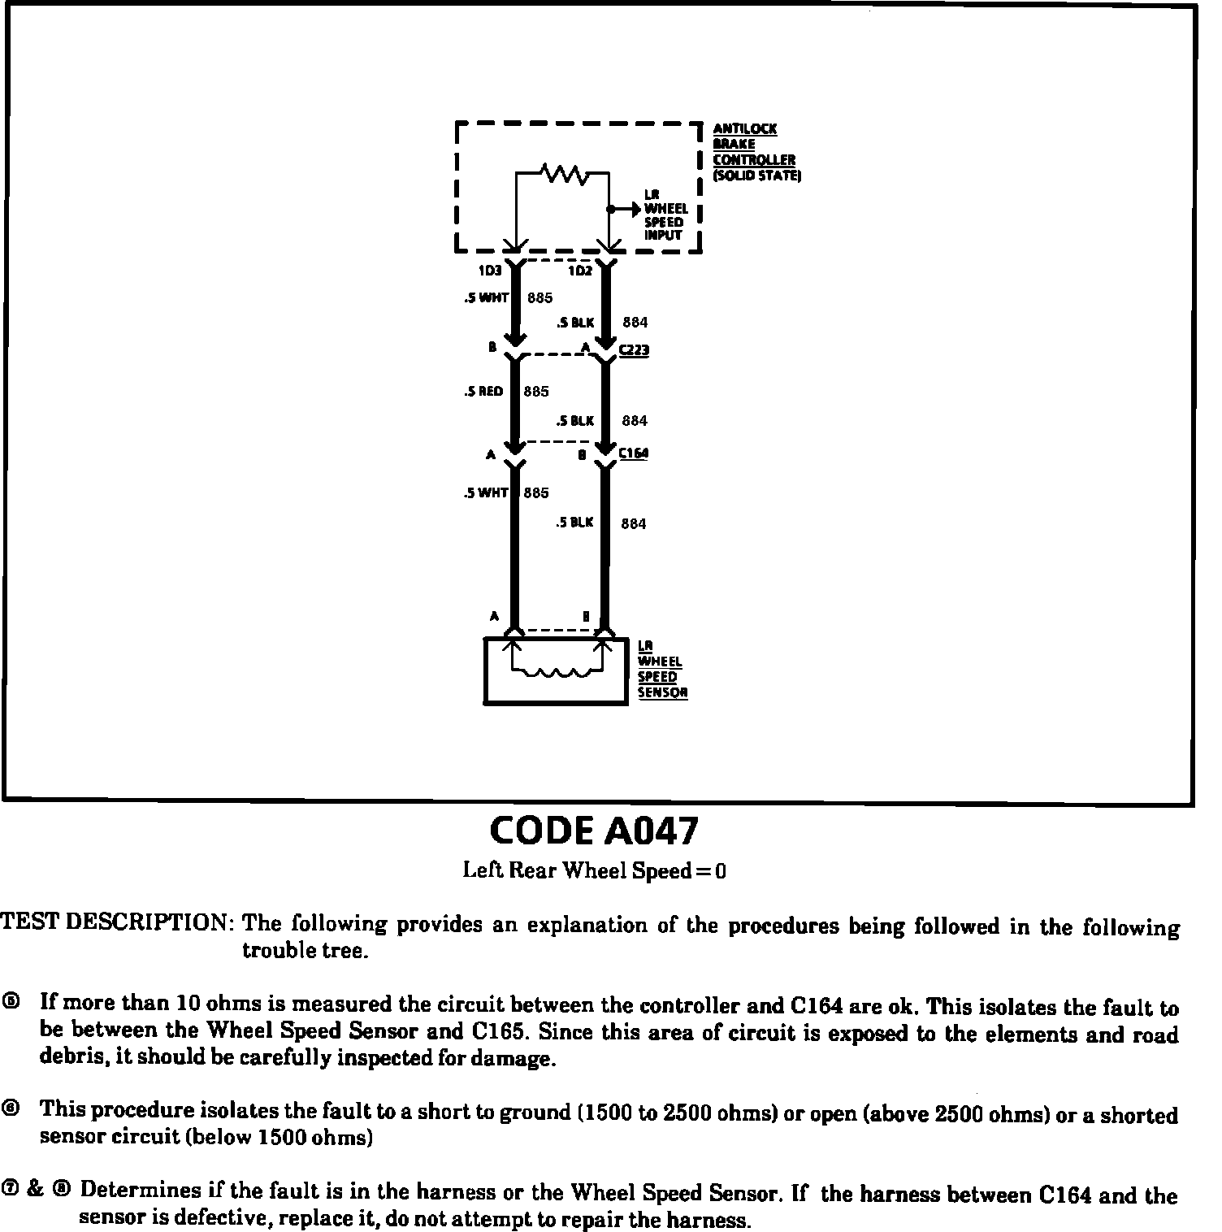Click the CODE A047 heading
(594, 831)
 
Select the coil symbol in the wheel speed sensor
(557, 672)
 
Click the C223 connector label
(634, 351)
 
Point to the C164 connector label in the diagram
(634, 453)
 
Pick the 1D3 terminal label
(490, 271)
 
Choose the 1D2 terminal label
(580, 271)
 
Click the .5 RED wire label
(483, 391)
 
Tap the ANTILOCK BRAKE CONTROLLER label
(754, 152)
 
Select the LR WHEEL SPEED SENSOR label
(662, 669)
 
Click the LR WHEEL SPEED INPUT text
(665, 215)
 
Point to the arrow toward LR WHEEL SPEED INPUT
(626, 209)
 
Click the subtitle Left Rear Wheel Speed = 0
(594, 871)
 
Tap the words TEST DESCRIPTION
(117, 922)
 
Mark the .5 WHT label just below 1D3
(486, 298)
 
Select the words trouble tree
(305, 950)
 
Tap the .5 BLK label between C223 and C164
(575, 421)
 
